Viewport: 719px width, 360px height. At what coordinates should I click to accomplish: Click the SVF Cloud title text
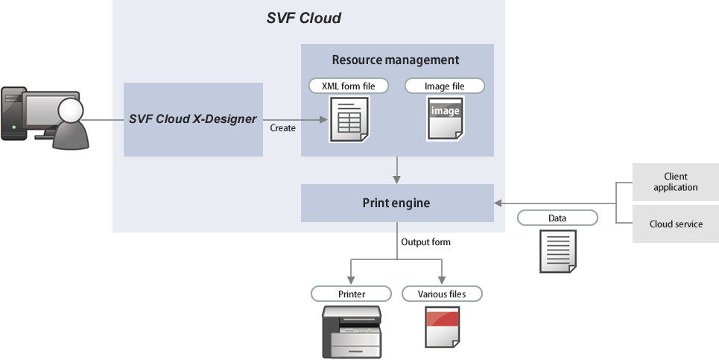pyautogui.click(x=303, y=18)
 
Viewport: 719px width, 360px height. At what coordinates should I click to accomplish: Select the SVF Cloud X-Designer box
pyautogui.click(x=193, y=119)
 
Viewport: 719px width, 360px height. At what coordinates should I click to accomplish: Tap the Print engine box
pyautogui.click(x=396, y=203)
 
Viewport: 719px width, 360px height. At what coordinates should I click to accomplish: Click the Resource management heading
pyautogui.click(x=396, y=60)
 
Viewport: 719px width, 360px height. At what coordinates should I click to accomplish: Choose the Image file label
pyautogui.click(x=444, y=86)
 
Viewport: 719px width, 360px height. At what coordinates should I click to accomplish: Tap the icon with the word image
pyautogui.click(x=445, y=118)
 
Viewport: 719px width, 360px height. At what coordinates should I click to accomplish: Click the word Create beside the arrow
pyautogui.click(x=283, y=128)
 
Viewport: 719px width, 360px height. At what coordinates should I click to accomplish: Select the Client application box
pyautogui.click(x=675, y=182)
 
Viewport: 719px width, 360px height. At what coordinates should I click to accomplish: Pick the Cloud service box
pyautogui.click(x=675, y=224)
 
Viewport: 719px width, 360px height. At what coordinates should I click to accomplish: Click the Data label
pyautogui.click(x=557, y=218)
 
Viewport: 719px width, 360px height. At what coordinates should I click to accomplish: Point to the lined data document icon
pyautogui.click(x=557, y=250)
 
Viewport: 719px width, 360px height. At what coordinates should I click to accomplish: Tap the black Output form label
pyautogui.click(x=425, y=243)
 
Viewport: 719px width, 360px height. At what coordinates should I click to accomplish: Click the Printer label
pyautogui.click(x=352, y=294)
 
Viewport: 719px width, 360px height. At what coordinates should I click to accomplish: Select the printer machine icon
pyautogui.click(x=351, y=331)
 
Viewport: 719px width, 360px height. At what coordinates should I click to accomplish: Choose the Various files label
pyautogui.click(x=442, y=294)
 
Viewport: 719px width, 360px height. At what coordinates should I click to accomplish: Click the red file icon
pyautogui.click(x=442, y=327)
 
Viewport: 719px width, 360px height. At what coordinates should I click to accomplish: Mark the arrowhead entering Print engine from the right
pyautogui.click(x=498, y=203)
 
